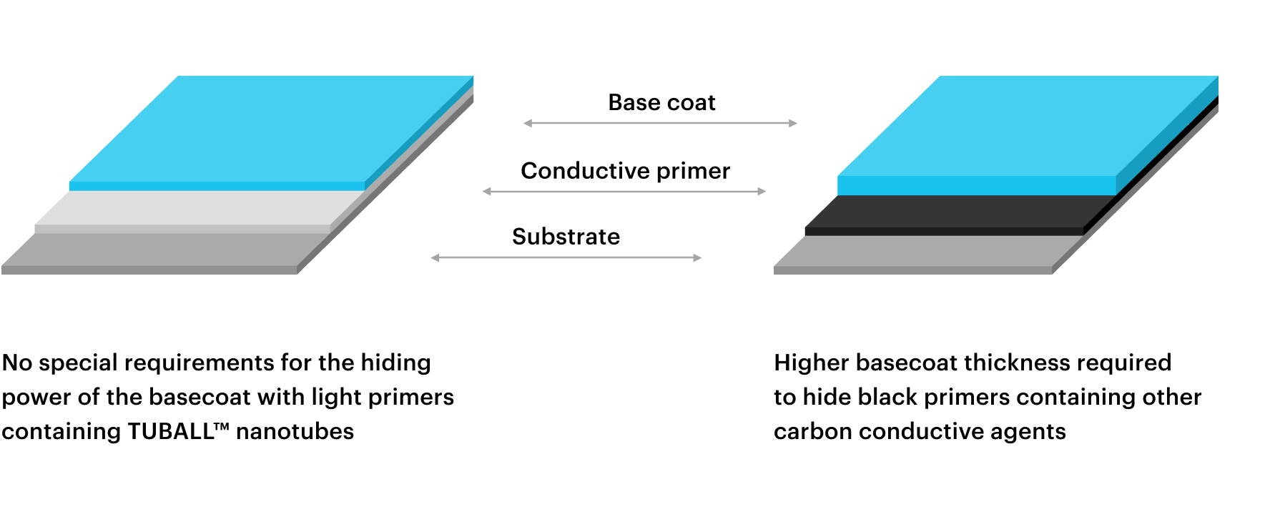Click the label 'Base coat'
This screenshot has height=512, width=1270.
[661, 102]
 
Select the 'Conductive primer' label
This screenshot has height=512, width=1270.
[625, 171]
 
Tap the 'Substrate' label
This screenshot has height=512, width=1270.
[566, 237]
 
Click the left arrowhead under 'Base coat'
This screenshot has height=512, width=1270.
[528, 123]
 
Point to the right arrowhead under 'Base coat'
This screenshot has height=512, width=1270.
[793, 123]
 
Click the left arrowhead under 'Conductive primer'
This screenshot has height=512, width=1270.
[487, 192]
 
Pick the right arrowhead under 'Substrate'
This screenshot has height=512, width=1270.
[697, 257]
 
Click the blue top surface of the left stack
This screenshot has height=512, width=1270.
[272, 129]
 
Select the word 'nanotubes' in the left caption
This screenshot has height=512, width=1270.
[295, 431]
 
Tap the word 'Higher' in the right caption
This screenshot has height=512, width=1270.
[811, 363]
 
